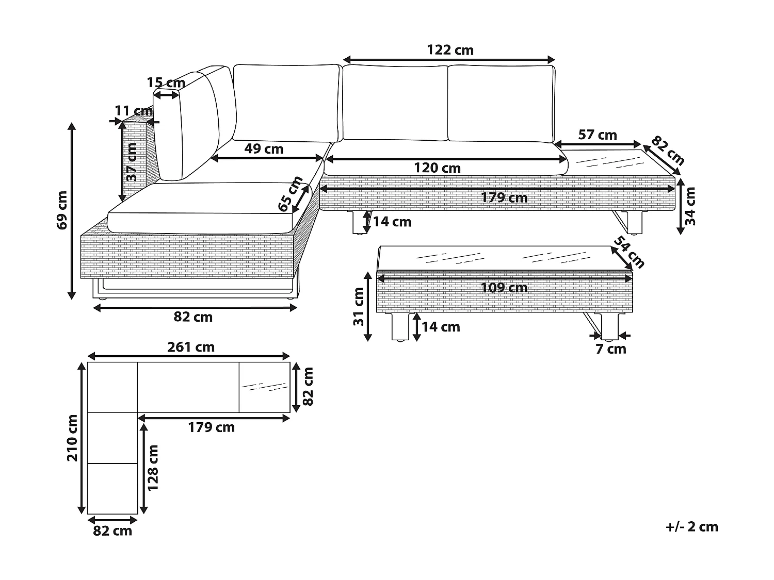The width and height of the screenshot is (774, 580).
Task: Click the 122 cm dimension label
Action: click(450, 50)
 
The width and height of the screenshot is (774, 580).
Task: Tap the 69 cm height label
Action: click(62, 210)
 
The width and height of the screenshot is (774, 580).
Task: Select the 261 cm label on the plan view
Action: click(191, 347)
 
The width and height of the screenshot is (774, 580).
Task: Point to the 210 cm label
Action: click(72, 438)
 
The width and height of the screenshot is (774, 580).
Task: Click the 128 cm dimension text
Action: click(153, 468)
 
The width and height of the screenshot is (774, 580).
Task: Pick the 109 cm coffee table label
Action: click(504, 288)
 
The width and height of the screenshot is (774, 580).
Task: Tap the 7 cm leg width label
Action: click(611, 349)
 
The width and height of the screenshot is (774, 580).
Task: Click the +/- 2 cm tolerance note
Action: click(692, 527)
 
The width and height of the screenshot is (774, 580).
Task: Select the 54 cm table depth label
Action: click(629, 252)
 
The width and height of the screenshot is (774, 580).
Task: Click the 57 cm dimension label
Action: click(598, 135)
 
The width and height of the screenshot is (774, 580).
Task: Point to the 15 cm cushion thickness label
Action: click(166, 83)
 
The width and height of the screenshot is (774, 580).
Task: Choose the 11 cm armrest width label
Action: click(134, 111)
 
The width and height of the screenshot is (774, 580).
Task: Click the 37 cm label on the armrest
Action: click(131, 162)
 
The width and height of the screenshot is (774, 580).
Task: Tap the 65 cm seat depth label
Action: click(290, 193)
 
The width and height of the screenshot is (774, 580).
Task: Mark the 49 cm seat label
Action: click(264, 149)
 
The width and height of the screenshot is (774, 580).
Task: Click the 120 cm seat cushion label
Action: click(437, 168)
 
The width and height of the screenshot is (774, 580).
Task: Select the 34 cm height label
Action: click(690, 206)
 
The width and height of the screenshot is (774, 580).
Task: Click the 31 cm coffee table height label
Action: click(359, 306)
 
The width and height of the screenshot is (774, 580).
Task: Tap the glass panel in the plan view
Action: click(265, 387)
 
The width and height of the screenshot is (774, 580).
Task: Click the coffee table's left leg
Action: click(400, 326)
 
